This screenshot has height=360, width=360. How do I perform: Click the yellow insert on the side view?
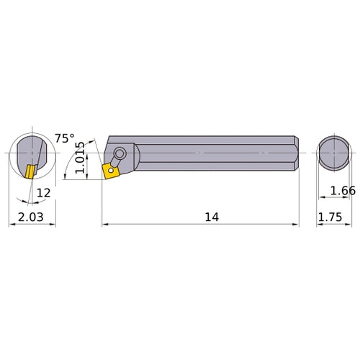click(x=112, y=171)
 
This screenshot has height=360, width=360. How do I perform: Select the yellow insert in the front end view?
click(x=29, y=173)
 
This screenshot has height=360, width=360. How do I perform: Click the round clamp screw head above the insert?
click(x=120, y=153)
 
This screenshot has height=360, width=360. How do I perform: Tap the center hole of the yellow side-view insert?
click(x=112, y=171)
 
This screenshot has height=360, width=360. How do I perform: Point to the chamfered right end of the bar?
click(x=294, y=153)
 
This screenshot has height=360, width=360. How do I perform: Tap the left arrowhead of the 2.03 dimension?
click(x=11, y=224)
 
